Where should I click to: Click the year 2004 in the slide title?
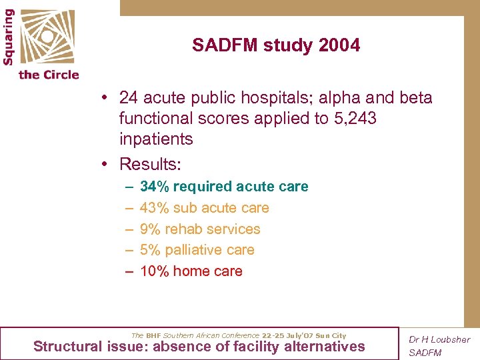tap(340, 45)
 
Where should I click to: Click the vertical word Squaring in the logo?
tap(9, 37)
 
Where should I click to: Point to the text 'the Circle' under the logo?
tap(49, 75)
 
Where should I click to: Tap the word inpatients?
tap(156, 139)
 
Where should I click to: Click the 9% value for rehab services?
tap(150, 229)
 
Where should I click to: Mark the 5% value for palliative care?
tap(150, 250)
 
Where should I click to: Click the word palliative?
tap(193, 250)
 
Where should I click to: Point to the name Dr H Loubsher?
tap(439, 340)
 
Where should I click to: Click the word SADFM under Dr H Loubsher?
tap(425, 353)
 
